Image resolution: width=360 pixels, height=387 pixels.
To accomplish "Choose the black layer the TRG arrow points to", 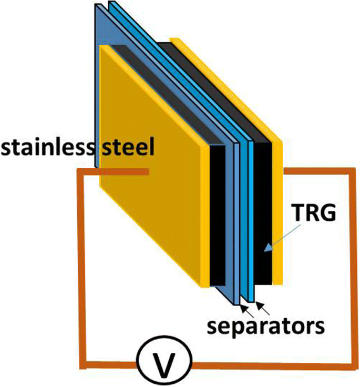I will pyautogui.click(x=263, y=221).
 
